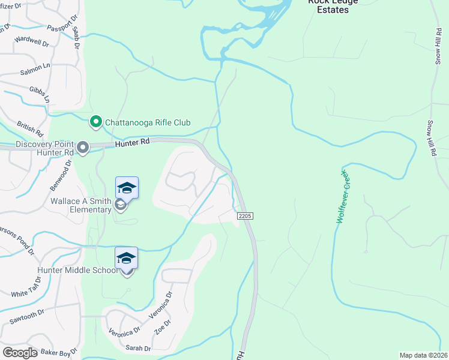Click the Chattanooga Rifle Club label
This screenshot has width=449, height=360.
[x=148, y=122]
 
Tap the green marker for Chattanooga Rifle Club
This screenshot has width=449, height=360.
[x=95, y=122]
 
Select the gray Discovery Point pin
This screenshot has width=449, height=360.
[x=83, y=147]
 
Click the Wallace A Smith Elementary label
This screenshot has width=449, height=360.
[x=81, y=206]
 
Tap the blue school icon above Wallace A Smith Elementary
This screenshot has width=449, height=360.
[x=127, y=188]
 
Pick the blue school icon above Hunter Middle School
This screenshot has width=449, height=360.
[x=127, y=258]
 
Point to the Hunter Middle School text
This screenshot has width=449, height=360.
[x=77, y=271]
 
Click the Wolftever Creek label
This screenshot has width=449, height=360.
[x=342, y=196]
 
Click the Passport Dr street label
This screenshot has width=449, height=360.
[x=48, y=28]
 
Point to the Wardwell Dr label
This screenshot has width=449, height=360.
[x=31, y=42]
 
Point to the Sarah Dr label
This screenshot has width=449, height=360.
[x=138, y=348]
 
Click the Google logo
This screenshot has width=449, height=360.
[x=20, y=352]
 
